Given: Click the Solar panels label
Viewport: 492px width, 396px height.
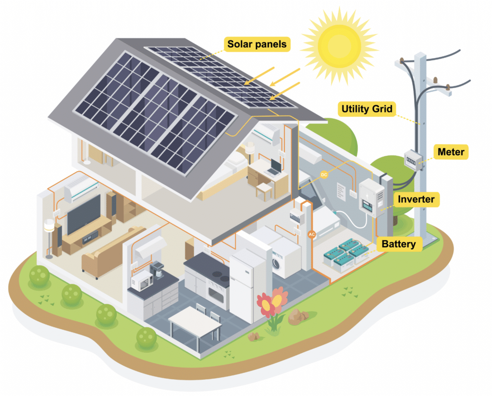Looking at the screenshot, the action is click(x=257, y=44).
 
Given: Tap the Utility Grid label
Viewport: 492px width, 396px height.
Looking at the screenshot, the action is click(x=367, y=109).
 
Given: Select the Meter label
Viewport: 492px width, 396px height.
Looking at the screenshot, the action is click(x=451, y=152).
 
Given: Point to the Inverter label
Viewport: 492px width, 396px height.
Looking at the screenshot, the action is click(x=416, y=199).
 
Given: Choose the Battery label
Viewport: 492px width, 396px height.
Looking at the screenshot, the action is click(x=398, y=244).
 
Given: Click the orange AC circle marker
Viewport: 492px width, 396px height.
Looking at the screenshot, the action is click(x=311, y=235).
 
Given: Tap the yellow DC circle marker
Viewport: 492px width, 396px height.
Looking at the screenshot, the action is click(x=324, y=175).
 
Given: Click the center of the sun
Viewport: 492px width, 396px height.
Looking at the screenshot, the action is click(x=339, y=46).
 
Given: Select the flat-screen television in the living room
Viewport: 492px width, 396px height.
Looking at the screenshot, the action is click(x=84, y=213).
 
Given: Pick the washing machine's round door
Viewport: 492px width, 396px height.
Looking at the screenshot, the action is click(x=276, y=263).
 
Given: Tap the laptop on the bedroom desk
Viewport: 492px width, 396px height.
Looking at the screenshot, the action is click(x=273, y=168).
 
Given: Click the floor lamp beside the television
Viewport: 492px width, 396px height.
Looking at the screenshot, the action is click(x=49, y=238).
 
